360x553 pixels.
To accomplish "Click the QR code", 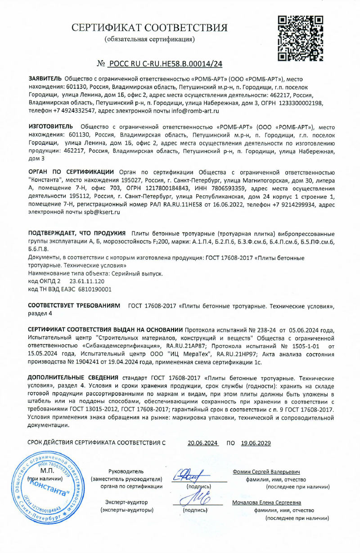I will [x=301, y=38].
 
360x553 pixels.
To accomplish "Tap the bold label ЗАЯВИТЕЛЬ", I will [x=45, y=78].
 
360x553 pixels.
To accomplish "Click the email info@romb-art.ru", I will [x=195, y=110].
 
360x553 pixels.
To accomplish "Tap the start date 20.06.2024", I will [x=202, y=443].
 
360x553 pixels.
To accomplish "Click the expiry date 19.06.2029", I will [x=256, y=443].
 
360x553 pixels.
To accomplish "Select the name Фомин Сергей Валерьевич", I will [x=266, y=472].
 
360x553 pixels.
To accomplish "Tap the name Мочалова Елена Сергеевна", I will [x=267, y=503].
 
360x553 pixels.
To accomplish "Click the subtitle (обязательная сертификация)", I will [x=149, y=39].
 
